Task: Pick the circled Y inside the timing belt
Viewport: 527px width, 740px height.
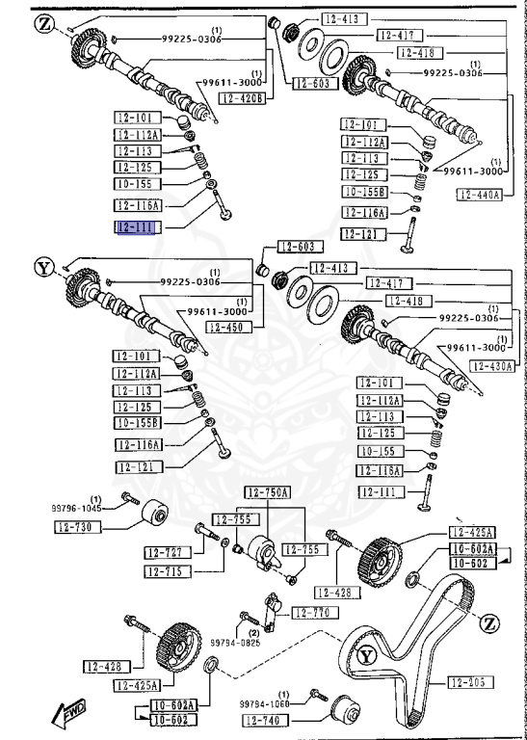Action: [365, 657]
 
